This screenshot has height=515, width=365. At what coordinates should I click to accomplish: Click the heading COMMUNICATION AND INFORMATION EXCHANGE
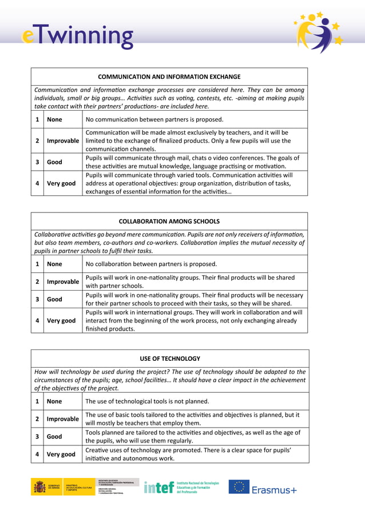169,77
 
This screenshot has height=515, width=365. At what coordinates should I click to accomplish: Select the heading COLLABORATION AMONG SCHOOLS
169,221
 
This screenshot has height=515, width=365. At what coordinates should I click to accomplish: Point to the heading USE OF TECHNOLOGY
170,359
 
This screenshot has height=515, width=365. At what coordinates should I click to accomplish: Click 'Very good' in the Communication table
61,183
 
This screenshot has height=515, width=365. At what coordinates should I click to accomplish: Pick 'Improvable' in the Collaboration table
63,281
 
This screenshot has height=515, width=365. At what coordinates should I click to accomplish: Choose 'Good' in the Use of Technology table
55,436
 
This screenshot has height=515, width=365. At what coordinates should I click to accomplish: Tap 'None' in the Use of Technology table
55,401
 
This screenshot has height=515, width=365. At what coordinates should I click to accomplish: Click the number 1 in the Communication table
37,119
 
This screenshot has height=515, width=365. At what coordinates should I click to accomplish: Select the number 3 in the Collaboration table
37,299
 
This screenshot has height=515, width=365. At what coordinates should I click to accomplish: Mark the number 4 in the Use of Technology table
37,454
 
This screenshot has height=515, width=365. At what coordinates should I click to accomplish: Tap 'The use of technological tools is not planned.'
147,401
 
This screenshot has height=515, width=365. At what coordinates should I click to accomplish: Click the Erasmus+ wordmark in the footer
275,490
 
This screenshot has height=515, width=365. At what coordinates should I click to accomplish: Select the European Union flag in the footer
239,487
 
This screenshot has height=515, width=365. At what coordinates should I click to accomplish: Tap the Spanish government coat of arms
39,487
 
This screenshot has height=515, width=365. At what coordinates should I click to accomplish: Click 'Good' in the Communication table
55,162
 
